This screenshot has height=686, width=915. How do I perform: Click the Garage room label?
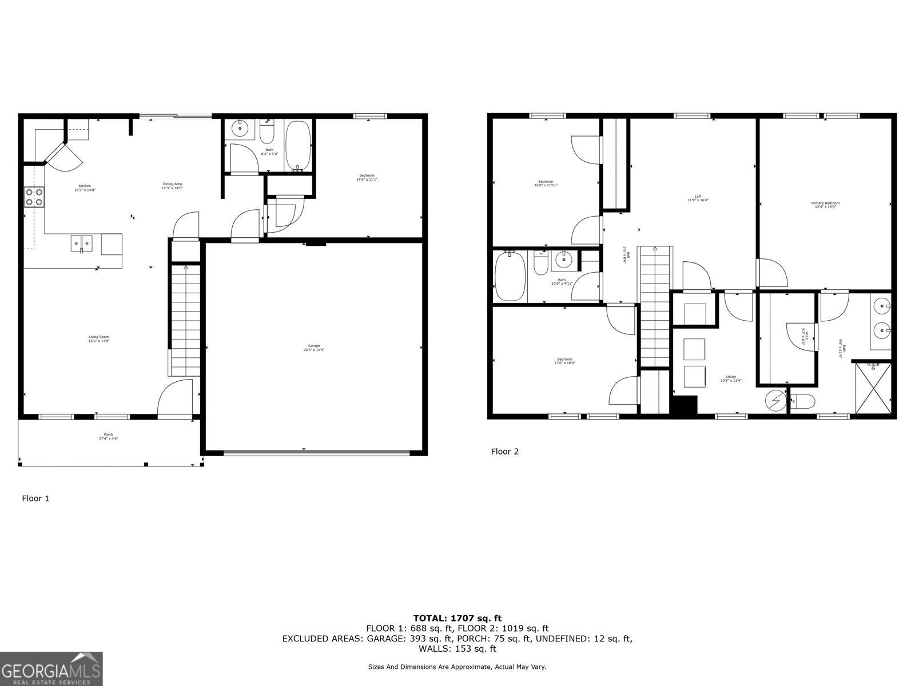(x=314, y=348)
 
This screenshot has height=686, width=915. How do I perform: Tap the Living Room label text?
(x=98, y=339)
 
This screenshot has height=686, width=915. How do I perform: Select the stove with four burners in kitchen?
(x=34, y=197)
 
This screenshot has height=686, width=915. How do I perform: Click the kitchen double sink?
(x=82, y=243)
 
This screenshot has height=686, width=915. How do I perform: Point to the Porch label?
(x=108, y=436)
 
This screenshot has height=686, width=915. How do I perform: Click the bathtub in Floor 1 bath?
(x=298, y=146)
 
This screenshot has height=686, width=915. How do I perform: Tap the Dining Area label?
(x=172, y=186)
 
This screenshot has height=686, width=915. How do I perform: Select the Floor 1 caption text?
(x=35, y=498)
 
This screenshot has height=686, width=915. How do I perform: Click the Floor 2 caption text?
(x=504, y=452)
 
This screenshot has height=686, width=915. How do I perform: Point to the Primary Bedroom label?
(x=825, y=205)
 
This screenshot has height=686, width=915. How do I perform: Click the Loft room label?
(x=698, y=198)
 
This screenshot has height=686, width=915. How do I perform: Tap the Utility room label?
(x=731, y=378)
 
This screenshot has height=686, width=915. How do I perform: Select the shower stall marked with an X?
(x=873, y=388)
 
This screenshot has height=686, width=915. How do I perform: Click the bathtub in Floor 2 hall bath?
(x=510, y=277)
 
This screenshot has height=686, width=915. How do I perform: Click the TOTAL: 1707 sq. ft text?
(x=457, y=618)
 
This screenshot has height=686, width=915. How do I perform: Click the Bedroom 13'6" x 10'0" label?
(x=564, y=361)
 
